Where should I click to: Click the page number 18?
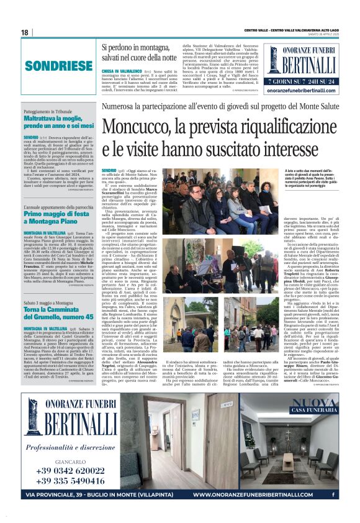pyautogui.click(x=25, y=32)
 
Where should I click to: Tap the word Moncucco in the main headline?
pyautogui.click(x=132, y=129)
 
